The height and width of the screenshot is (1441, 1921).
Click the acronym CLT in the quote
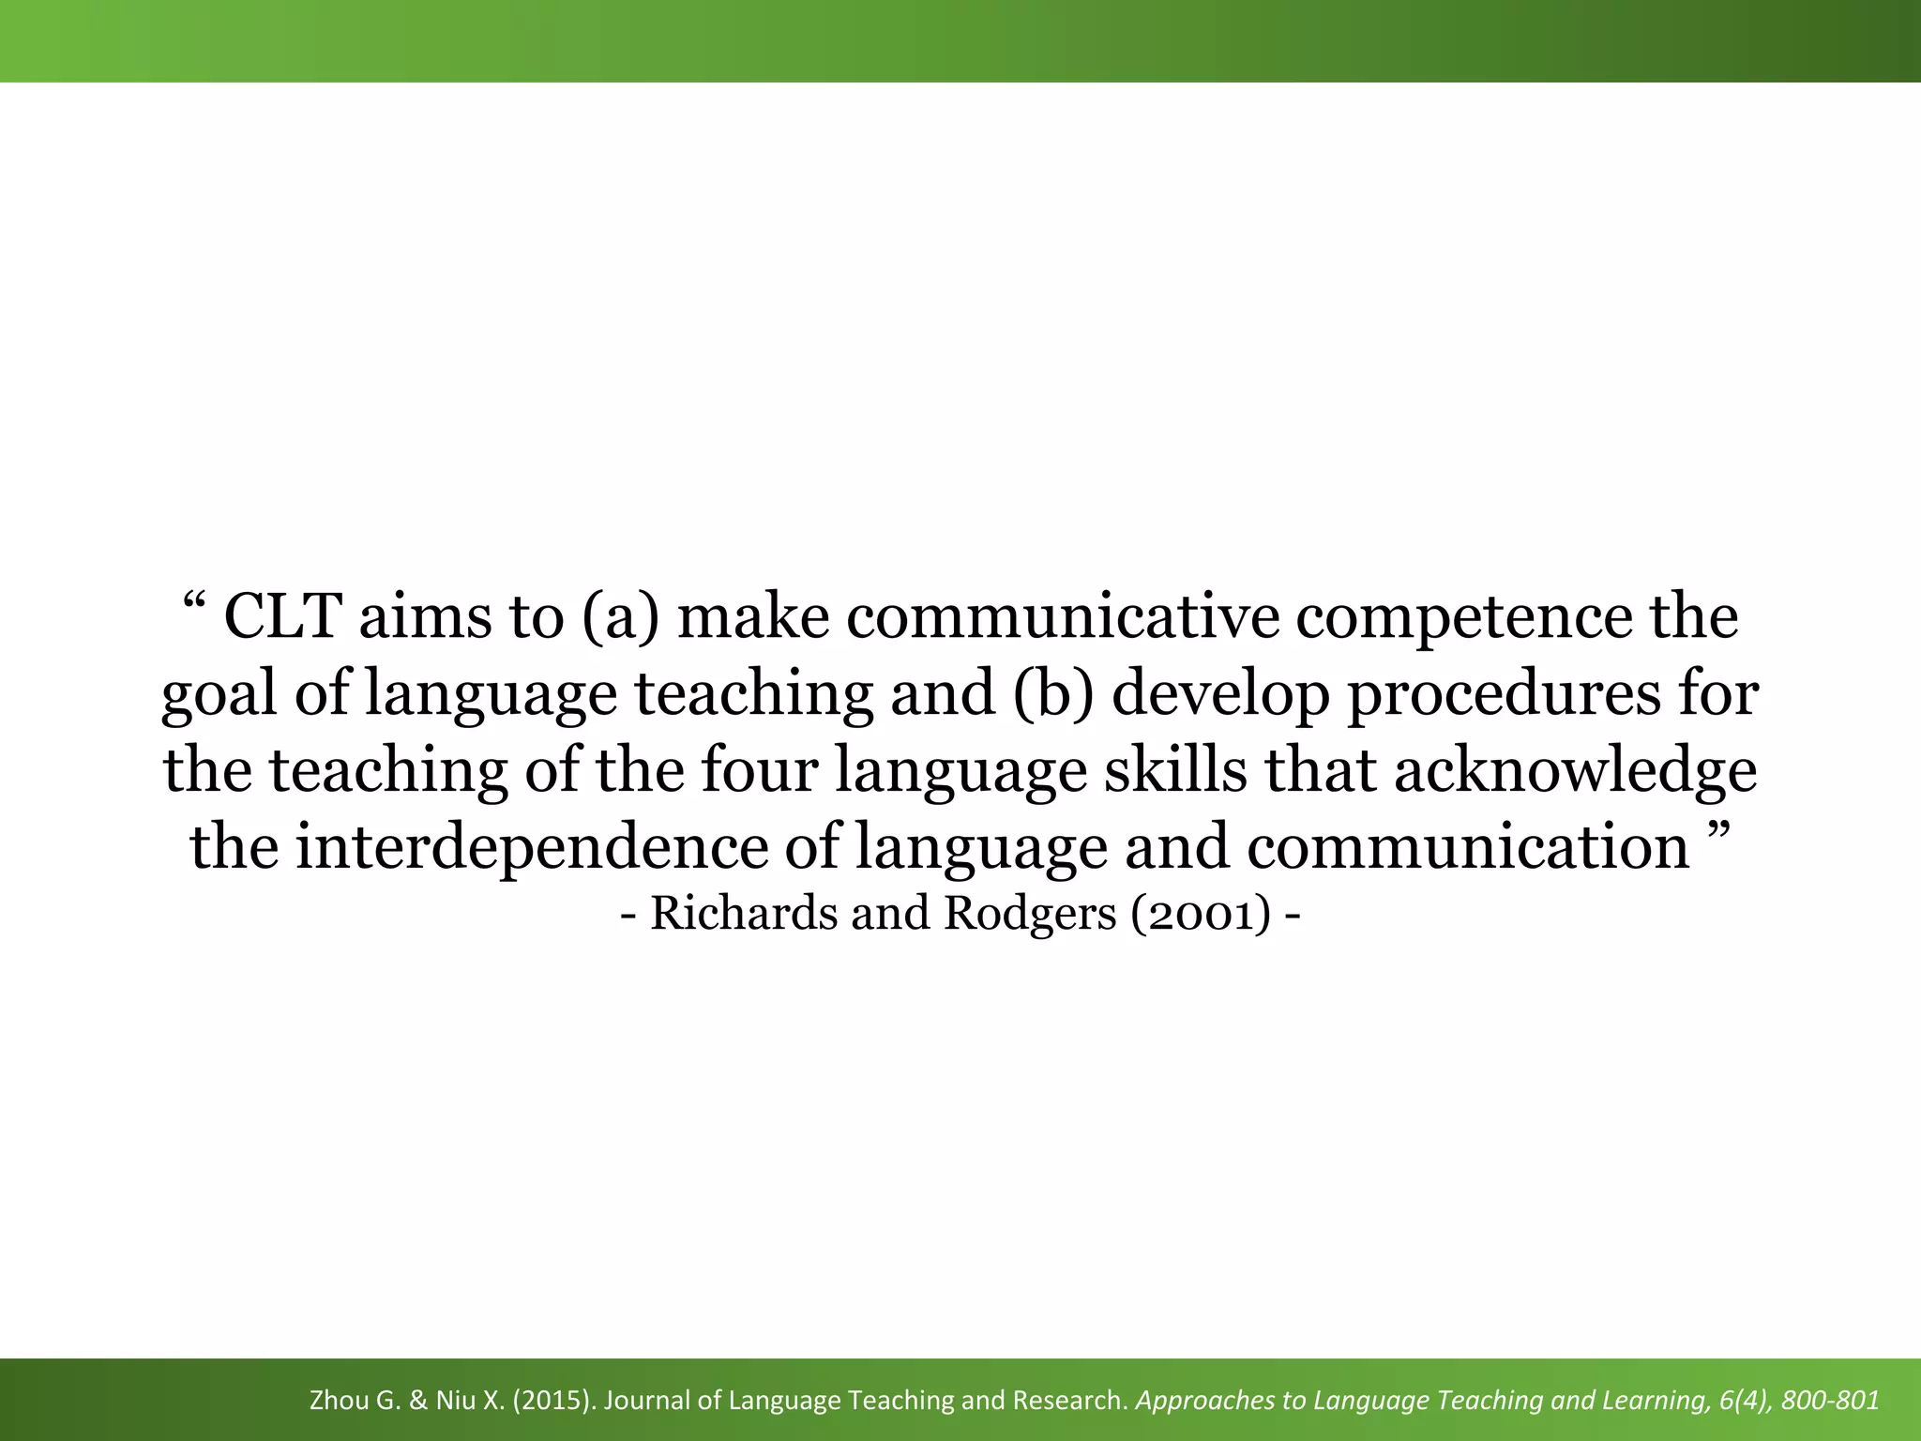point(281,617)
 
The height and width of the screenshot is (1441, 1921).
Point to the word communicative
point(1064,617)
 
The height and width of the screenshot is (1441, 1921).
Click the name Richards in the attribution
point(744,913)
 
